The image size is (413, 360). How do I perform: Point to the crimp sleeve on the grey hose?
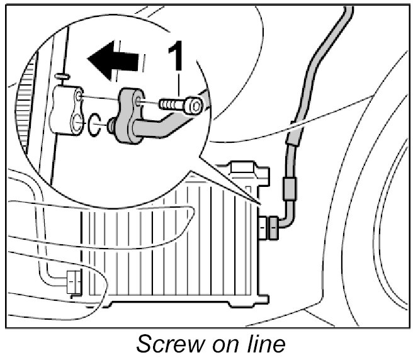(x=290, y=187)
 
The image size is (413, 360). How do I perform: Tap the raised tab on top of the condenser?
(x=242, y=168)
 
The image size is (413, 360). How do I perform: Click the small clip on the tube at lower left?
(x=72, y=281)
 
